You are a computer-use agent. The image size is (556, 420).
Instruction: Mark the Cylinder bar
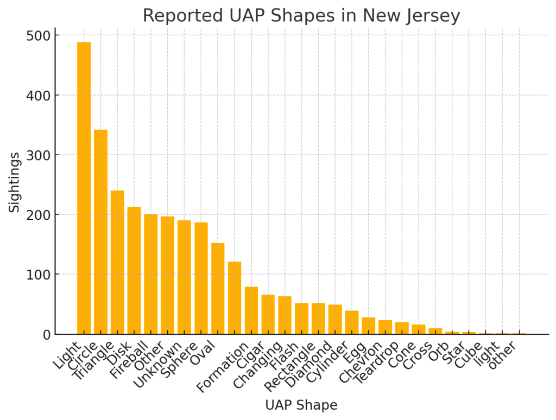click(352, 322)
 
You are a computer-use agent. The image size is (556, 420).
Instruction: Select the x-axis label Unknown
click(157, 364)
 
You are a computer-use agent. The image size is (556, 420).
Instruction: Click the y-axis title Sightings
click(15, 182)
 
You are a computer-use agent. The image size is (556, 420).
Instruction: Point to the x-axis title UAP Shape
click(301, 405)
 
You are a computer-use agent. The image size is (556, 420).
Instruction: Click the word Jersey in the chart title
click(433, 16)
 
